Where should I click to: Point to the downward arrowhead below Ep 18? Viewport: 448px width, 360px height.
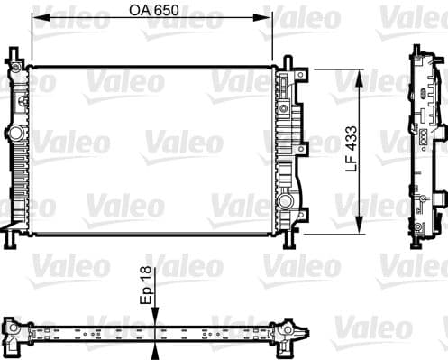155,311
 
